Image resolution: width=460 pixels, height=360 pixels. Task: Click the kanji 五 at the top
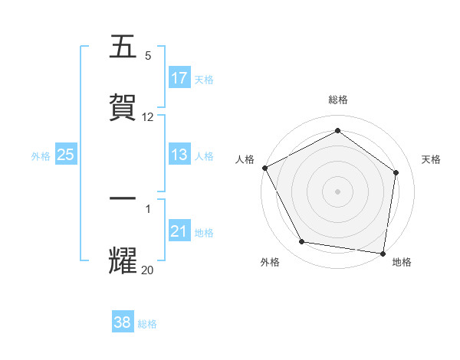[123, 47]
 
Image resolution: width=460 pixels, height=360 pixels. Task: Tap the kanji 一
[123, 198]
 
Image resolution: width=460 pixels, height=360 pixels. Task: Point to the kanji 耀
[123, 260]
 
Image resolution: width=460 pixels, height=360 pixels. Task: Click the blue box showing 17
[179, 78]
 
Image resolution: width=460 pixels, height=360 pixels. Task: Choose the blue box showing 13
[179, 155]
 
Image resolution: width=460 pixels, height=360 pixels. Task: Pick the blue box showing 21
[179, 231]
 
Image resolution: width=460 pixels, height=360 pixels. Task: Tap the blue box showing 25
[66, 155]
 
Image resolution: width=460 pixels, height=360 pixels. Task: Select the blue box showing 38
[123, 322]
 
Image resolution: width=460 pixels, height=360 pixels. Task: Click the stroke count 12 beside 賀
[148, 117]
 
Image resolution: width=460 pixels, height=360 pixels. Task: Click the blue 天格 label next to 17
[204, 79]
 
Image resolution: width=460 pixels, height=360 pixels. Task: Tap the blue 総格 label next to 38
[147, 323]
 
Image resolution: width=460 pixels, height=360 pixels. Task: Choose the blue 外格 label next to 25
[41, 155]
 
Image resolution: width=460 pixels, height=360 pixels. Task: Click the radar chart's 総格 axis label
[337, 100]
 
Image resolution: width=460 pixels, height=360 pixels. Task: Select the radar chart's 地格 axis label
[402, 262]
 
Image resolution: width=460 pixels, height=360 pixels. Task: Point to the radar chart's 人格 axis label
[245, 159]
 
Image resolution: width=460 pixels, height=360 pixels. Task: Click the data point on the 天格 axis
[396, 172]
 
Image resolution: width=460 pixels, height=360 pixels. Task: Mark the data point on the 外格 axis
[302, 242]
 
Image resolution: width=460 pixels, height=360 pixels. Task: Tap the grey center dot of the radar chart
[337, 191]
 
